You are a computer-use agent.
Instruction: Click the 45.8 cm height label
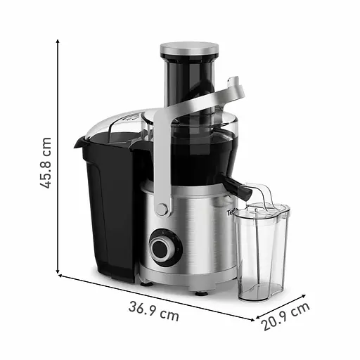(x=46, y=162)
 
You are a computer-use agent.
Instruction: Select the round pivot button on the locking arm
(x=162, y=210)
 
